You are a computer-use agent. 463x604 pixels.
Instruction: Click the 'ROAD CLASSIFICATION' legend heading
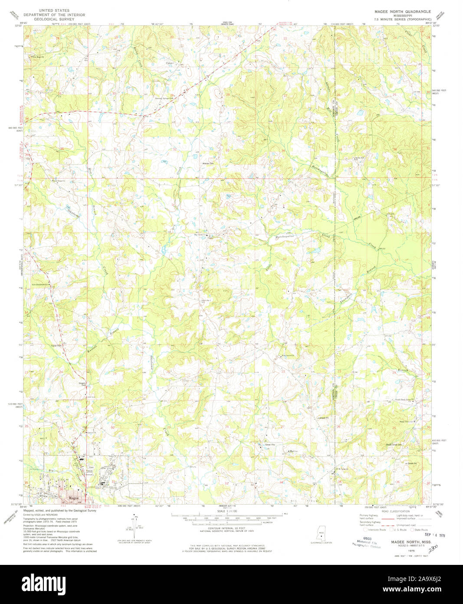[x=393, y=512]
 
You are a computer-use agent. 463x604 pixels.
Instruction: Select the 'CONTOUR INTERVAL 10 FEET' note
[x=225, y=528]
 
